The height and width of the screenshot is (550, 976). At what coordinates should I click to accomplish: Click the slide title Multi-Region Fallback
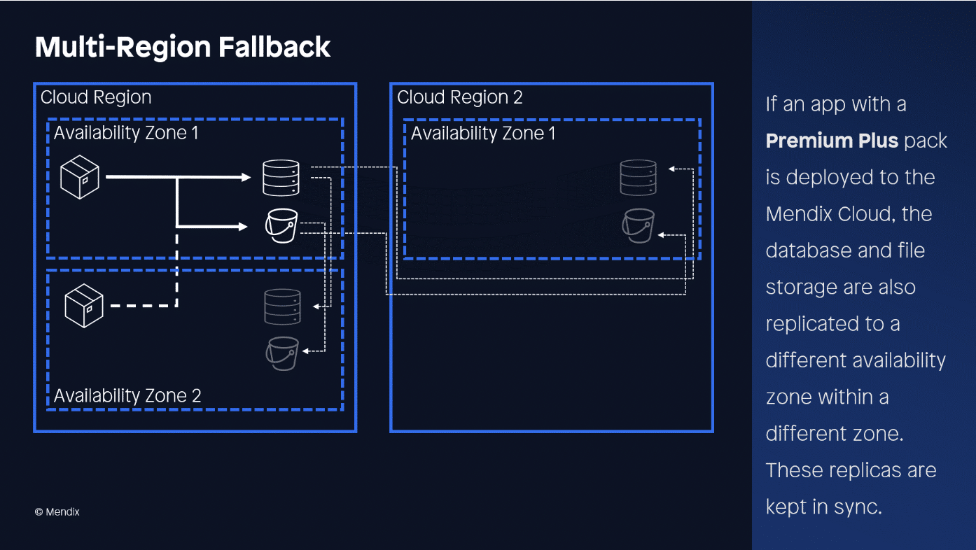click(x=183, y=47)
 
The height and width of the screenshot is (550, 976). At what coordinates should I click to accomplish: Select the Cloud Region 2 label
click(x=459, y=97)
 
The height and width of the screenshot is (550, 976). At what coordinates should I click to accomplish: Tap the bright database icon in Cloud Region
click(x=281, y=178)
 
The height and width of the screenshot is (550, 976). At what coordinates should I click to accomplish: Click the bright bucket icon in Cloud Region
click(x=281, y=225)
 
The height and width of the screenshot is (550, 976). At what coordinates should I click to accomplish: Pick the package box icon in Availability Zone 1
click(x=80, y=177)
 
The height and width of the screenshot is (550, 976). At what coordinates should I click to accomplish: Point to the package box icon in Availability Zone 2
click(x=84, y=306)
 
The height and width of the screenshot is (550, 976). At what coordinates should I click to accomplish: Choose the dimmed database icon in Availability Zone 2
click(x=282, y=306)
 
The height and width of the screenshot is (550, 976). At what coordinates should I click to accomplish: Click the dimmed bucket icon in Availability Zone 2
click(x=282, y=353)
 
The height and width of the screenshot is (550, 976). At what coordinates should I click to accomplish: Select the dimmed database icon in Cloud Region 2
click(x=638, y=178)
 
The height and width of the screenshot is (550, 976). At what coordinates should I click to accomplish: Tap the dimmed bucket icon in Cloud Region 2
click(x=639, y=225)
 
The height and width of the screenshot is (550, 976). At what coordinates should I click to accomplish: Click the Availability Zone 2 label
click(x=127, y=395)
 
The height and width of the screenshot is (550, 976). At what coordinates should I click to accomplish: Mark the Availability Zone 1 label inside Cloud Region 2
click(x=483, y=133)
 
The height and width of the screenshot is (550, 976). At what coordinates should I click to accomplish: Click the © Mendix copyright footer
click(x=57, y=512)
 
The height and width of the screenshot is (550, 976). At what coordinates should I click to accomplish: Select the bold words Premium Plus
click(x=832, y=141)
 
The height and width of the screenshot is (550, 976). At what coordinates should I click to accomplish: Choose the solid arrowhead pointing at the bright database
click(x=246, y=178)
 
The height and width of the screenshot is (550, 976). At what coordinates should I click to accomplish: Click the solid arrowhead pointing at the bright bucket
click(x=244, y=226)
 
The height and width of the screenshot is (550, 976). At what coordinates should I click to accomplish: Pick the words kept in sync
click(x=823, y=506)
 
